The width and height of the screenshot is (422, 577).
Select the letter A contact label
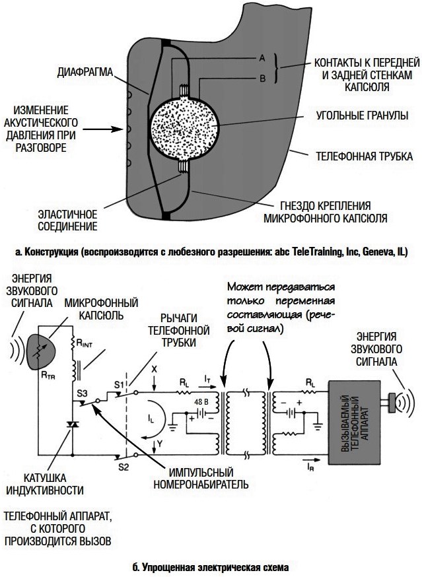262,59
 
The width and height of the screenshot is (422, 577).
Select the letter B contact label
262,79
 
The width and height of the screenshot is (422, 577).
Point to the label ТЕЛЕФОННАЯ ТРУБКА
363,157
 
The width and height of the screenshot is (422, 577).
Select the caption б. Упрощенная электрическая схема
211,566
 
